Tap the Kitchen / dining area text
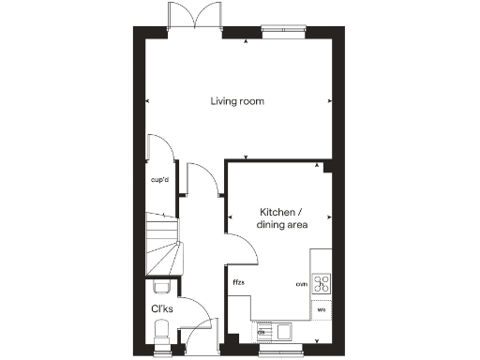pyautogui.click(x=284, y=219)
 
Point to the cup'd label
pyautogui.click(x=159, y=179)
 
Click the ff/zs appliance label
pyautogui.click(x=239, y=282)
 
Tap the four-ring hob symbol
pyautogui.click(x=322, y=284)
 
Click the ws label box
pyautogui.click(x=321, y=308)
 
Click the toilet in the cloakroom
pyautogui.click(x=161, y=330)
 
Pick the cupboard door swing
pyautogui.click(x=159, y=150)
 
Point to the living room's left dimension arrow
pyautogui.click(x=147, y=101)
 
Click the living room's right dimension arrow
pyautogui.click(x=329, y=101)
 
